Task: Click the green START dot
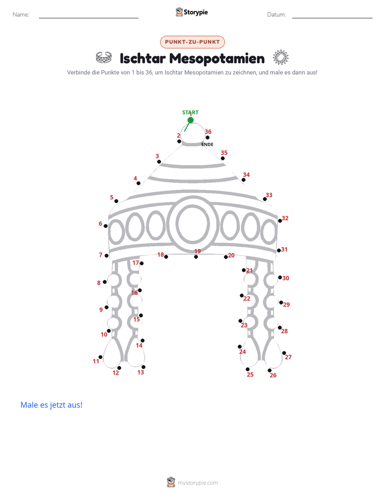coord(190,120)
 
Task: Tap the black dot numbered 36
coord(208,137)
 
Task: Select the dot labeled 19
coord(196,257)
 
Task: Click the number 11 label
coord(96,361)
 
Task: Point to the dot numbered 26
coord(270,370)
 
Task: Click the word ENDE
coord(208,144)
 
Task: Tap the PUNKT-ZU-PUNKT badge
coord(192,42)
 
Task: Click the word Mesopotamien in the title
coord(217,58)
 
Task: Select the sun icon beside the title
coord(281,58)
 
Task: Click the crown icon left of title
coord(104,57)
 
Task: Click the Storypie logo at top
coord(192,12)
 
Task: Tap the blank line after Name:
coord(88,18)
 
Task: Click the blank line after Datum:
coord(332,18)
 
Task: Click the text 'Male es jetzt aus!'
coord(51,405)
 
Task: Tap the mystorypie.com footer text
coord(197,483)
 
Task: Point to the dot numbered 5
coord(116,201)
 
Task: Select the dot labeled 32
coord(280,221)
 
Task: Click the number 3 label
coord(157,156)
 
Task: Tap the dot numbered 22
coord(242,295)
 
